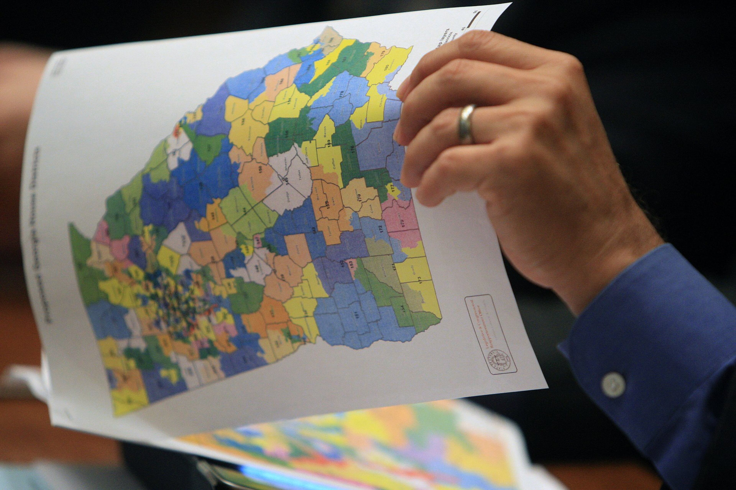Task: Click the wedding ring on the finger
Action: (466, 124)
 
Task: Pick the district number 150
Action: (260, 170)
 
